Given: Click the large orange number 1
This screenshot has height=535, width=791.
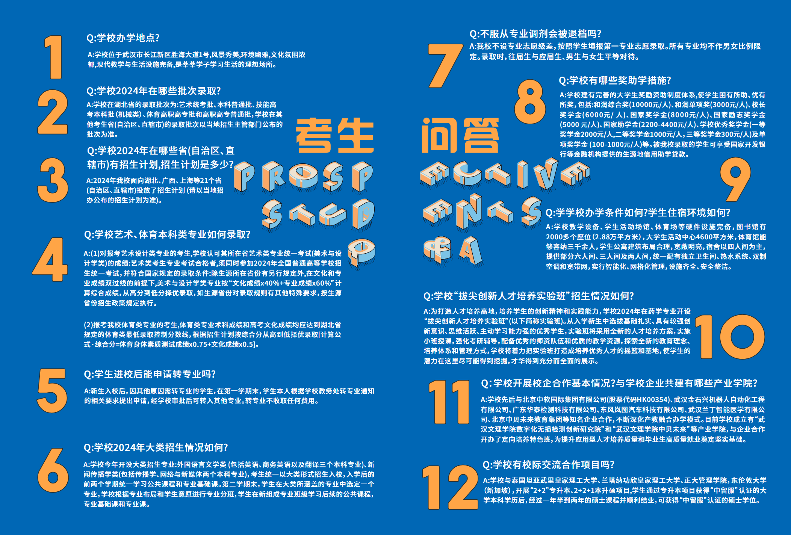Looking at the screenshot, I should click(x=54, y=57).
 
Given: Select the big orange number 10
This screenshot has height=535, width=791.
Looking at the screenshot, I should click(x=729, y=337).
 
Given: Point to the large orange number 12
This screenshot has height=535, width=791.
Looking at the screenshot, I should click(x=450, y=487).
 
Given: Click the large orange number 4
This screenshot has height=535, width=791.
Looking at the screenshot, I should click(x=51, y=259).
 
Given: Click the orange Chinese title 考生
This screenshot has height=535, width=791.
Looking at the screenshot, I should click(x=334, y=135).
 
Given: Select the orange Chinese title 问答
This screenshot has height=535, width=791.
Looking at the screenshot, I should click(x=460, y=135).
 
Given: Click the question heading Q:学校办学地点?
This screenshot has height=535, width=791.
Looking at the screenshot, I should click(x=123, y=38).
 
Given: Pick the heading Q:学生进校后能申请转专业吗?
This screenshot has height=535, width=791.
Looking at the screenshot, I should click(x=150, y=374).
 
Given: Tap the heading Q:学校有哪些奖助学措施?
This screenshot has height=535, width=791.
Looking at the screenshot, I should click(x=615, y=80).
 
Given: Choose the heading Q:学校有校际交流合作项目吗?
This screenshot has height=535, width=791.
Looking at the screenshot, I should click(x=548, y=465).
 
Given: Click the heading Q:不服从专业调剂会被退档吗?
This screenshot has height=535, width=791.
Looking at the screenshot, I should click(x=535, y=34).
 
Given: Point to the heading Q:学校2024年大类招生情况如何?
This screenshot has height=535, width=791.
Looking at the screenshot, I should click(x=156, y=447).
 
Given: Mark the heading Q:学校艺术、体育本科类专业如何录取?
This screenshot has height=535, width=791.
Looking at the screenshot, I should click(x=167, y=234).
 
